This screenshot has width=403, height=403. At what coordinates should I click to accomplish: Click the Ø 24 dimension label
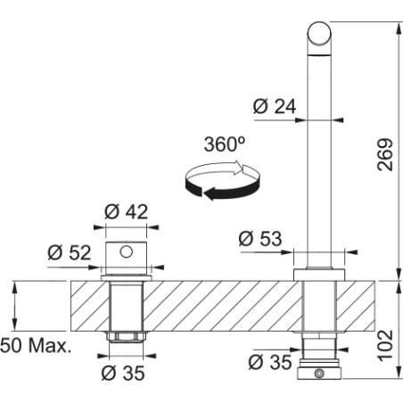(x=275, y=106)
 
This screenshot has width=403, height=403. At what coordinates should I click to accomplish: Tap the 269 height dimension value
(x=385, y=154)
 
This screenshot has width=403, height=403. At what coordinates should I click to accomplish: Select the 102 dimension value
(x=385, y=346)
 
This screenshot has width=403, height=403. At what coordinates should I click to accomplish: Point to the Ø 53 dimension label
(x=260, y=239)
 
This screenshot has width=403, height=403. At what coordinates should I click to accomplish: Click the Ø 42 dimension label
(x=126, y=211)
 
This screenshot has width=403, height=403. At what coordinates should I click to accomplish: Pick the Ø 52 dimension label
(x=69, y=253)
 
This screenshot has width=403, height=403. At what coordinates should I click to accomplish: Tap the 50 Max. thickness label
(x=36, y=346)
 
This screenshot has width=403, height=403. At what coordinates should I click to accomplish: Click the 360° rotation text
(x=225, y=144)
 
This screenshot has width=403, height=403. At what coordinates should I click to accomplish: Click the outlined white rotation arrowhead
(x=240, y=168)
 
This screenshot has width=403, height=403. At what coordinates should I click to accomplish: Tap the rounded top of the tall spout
(x=319, y=33)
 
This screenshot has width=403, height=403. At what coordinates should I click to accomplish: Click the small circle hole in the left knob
(x=127, y=251)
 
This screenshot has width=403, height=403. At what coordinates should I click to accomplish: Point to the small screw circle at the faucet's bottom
(x=319, y=374)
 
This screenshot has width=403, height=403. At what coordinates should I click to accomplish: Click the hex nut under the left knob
(x=127, y=337)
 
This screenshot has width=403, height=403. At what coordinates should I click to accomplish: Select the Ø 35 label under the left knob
(x=123, y=373)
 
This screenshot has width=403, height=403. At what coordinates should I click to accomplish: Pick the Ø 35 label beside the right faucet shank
(x=270, y=362)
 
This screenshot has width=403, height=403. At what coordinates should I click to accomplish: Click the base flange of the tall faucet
(x=319, y=275)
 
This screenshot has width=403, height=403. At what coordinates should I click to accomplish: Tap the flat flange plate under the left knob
(x=127, y=278)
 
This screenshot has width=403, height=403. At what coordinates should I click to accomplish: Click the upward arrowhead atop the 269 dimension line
(x=399, y=28)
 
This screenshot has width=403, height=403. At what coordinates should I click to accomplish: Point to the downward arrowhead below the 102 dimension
(x=399, y=374)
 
